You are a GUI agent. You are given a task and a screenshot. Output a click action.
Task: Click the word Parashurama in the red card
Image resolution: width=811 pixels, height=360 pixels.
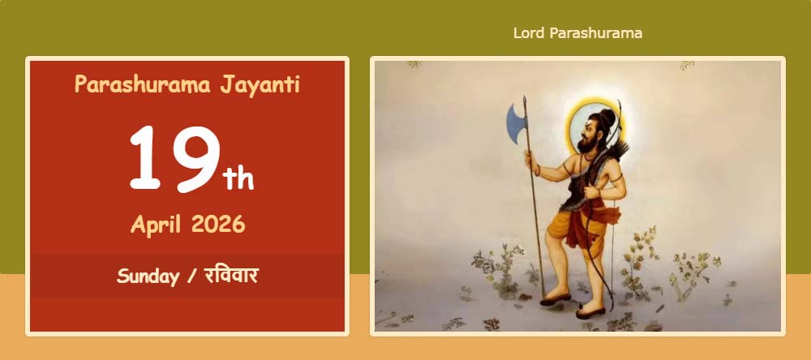(x=142, y=84)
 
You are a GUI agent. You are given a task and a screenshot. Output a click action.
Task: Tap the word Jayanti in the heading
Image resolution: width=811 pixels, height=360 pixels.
(x=260, y=85)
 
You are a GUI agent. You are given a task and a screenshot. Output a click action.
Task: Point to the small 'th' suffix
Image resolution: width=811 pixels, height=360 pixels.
(x=238, y=179)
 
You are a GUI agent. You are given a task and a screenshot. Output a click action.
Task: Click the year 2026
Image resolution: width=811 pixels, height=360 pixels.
(x=217, y=225)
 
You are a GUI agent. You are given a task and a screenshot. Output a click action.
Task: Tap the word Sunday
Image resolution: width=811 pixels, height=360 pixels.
(x=148, y=276)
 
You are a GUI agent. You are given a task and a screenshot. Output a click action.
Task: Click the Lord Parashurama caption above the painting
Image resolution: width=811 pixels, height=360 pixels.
(x=577, y=33)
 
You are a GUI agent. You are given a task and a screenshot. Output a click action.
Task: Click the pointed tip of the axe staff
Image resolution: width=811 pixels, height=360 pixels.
(x=525, y=98)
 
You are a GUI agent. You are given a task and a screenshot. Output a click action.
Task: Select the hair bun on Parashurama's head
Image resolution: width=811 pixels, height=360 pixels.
(x=607, y=116)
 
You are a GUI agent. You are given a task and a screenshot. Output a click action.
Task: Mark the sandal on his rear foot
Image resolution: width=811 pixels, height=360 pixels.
(x=590, y=312)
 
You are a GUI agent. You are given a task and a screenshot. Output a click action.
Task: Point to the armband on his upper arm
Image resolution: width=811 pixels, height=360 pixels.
(x=615, y=177)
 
